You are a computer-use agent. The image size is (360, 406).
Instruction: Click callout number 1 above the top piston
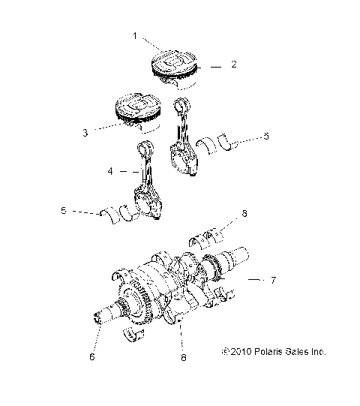click(135, 35)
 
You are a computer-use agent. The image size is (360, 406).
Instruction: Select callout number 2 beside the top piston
click(233, 65)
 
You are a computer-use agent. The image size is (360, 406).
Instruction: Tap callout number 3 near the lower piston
click(85, 133)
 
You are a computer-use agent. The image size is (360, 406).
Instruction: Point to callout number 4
click(110, 172)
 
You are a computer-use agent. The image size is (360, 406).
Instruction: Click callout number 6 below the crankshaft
click(93, 359)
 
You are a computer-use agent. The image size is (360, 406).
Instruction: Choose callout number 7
click(274, 280)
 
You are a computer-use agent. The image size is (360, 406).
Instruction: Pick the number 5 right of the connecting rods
click(265, 138)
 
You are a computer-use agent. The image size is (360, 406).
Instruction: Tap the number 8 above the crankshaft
click(244, 215)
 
